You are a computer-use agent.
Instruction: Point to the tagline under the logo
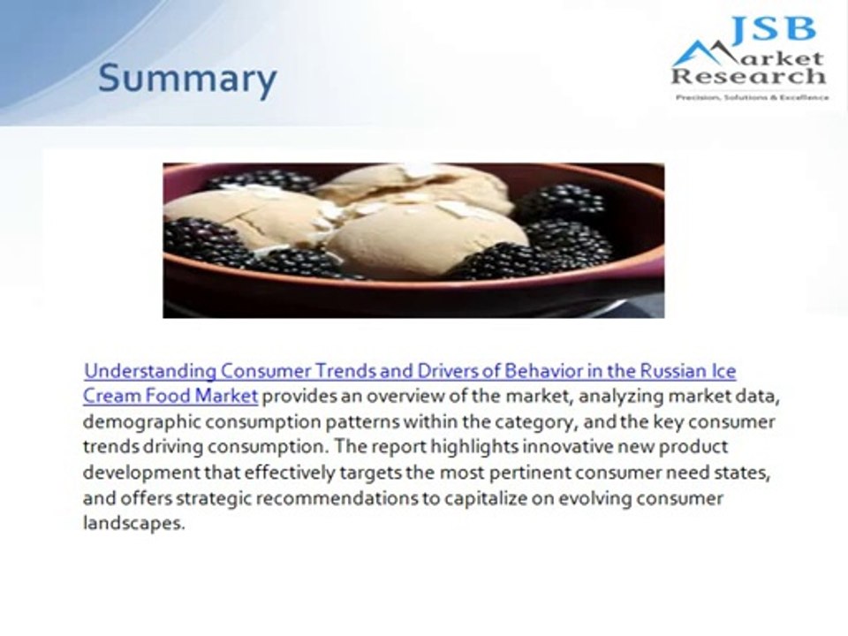(x=751, y=97)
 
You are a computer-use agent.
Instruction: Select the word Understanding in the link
(x=149, y=370)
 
